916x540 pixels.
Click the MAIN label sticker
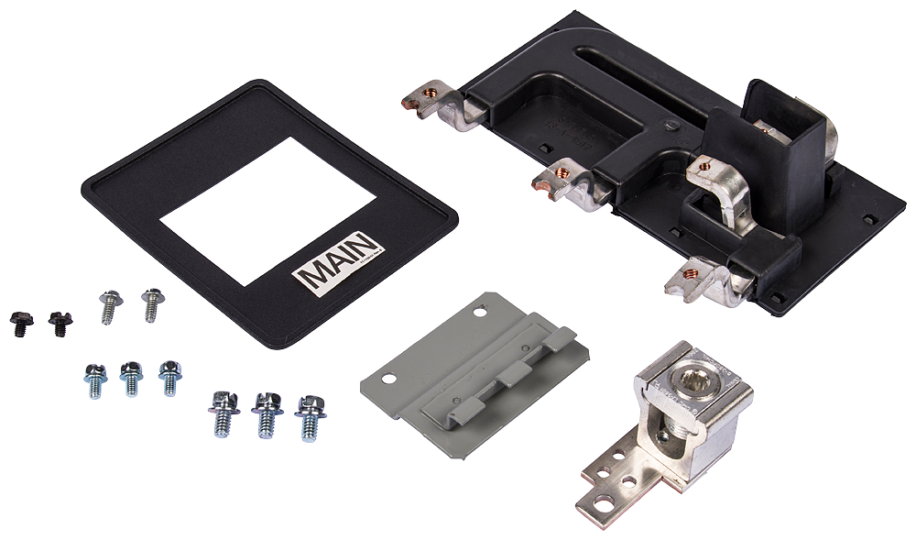click(x=335, y=261)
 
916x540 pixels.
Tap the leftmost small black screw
click(x=18, y=320)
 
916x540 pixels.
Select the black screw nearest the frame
click(x=60, y=322)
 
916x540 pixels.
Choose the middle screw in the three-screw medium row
click(x=131, y=377)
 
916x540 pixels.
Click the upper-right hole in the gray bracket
click(x=478, y=312)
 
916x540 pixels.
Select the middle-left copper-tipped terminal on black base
click(x=562, y=175)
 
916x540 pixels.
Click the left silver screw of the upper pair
click(x=110, y=304)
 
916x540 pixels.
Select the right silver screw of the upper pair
click(x=152, y=303)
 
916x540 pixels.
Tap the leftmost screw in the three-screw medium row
click(x=95, y=379)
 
